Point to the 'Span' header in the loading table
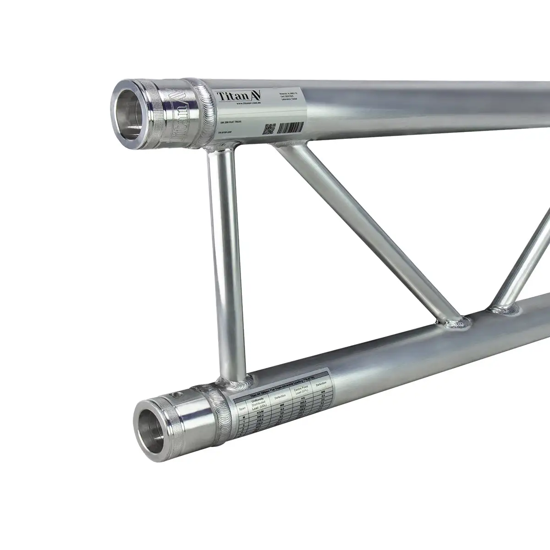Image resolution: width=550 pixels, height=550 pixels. click(243, 407)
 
